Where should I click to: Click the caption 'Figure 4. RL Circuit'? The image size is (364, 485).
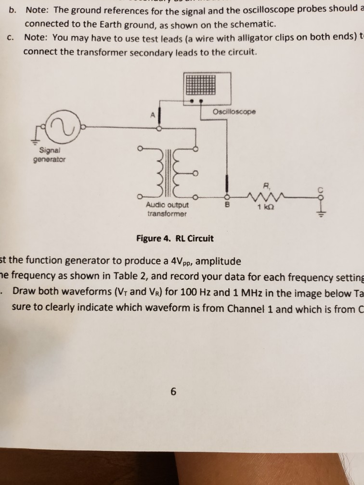[x=175, y=238]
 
